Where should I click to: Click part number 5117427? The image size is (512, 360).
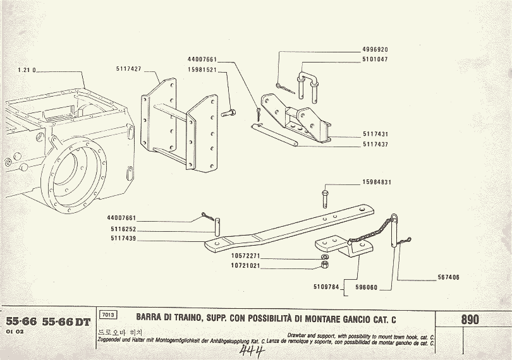point(128,68)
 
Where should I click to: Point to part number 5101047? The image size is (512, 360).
point(375,59)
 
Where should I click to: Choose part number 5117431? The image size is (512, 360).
point(375,135)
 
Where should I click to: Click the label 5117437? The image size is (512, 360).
point(375,145)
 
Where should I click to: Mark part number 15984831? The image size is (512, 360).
point(377,183)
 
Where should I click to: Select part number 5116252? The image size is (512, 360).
point(121,229)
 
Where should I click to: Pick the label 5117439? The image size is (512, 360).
point(121,239)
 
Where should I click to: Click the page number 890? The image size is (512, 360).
point(470,320)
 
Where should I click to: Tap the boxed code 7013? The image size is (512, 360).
point(107,315)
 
